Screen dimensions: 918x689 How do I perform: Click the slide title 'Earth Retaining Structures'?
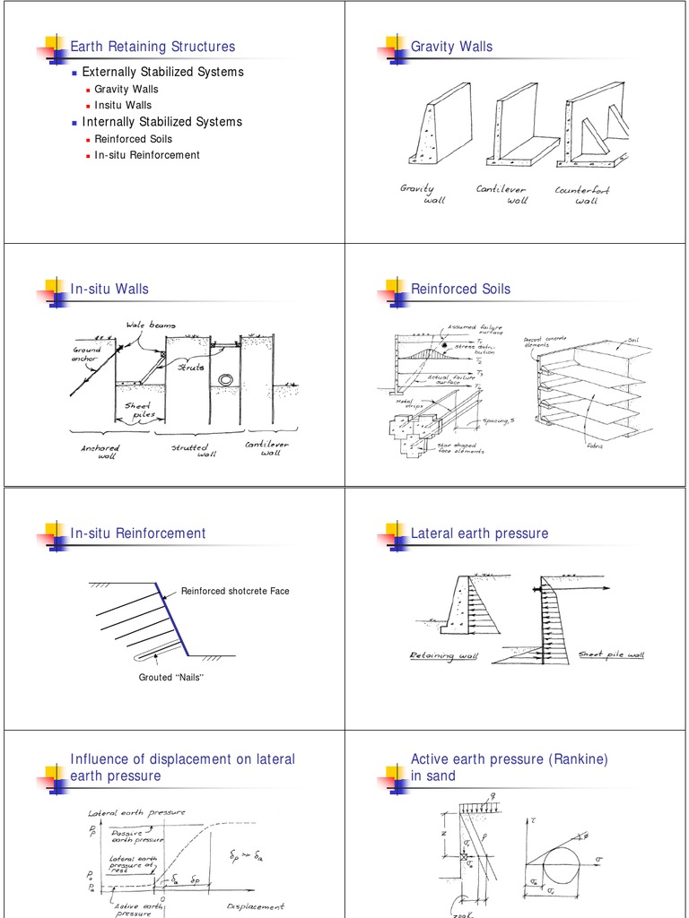153,47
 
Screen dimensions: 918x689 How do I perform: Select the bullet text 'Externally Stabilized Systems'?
162,72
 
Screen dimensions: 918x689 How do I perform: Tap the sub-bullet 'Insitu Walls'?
123,105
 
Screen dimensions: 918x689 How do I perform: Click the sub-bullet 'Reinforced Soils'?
133,139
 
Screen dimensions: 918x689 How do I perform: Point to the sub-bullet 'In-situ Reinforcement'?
147,155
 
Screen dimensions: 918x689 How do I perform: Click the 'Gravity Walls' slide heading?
451,47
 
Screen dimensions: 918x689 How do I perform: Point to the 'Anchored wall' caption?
98,451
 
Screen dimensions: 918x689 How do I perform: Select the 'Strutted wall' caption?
189,451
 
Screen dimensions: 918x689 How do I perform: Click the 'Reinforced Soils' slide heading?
460,289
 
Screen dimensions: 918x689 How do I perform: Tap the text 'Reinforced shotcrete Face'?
235,591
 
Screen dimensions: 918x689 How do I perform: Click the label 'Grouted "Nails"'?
171,677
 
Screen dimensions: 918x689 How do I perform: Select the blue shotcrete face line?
171,619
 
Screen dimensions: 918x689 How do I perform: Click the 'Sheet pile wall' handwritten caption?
611,655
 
